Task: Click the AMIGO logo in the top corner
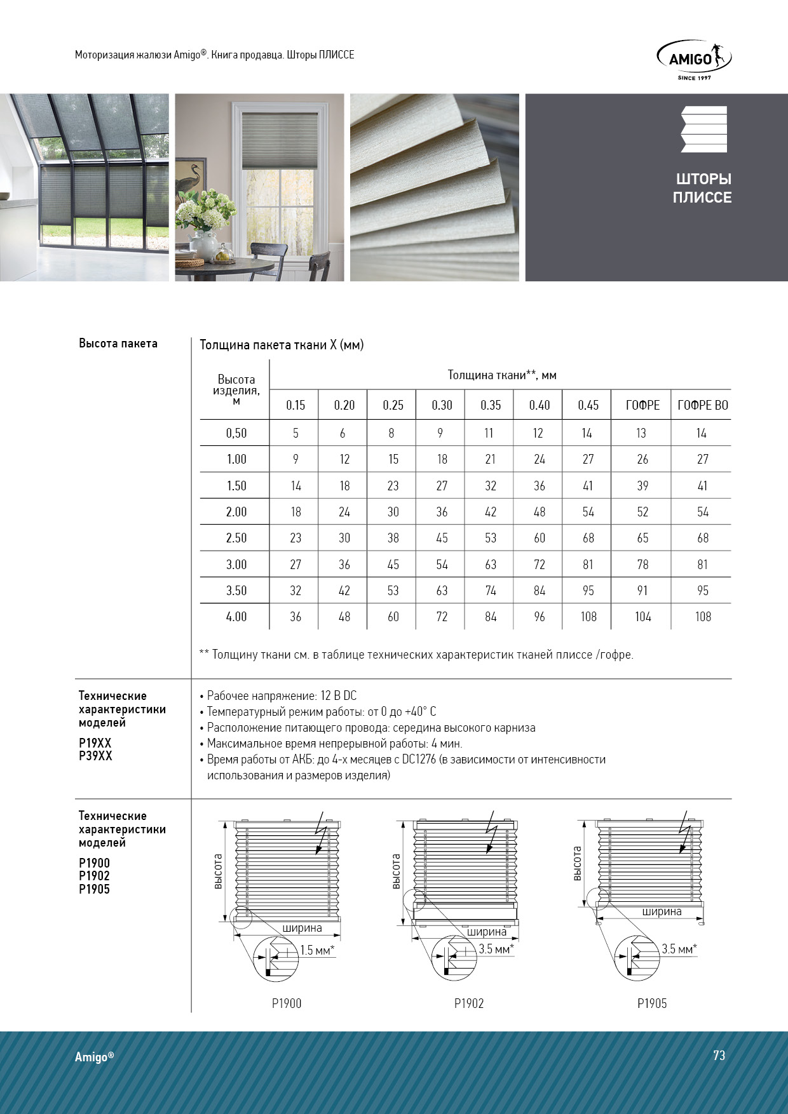693,58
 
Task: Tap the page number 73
719,1055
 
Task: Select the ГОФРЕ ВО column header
702,405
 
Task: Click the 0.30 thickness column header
442,405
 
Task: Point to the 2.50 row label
236,538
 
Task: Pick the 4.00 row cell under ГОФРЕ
642,617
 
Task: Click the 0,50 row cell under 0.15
295,433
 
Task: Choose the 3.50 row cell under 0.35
491,591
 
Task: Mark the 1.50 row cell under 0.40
540,486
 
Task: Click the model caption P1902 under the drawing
469,1003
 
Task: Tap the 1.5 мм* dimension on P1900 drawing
317,950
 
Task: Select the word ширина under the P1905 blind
662,911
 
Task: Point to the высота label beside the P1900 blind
218,871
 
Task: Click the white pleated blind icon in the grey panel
703,129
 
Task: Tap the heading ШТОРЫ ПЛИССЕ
702,188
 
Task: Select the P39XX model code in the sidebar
95,756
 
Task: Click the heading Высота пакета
118,344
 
